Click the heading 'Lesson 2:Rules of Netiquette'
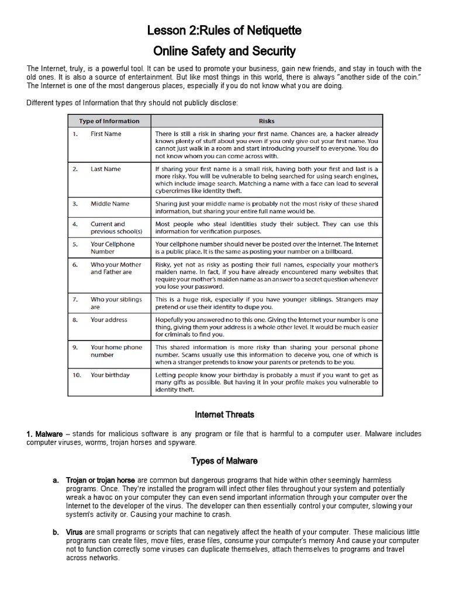point(224,30)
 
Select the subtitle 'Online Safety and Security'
point(224,51)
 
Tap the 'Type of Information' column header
point(109,121)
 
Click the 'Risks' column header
point(267,121)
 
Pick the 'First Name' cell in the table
point(106,134)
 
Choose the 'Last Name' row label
point(105,169)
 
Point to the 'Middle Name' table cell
point(110,204)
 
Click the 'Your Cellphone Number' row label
point(112,248)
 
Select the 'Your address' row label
point(109,319)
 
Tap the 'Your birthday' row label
point(110,375)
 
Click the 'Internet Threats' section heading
point(224,415)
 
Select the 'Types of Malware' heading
point(224,461)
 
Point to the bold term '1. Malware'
point(44,434)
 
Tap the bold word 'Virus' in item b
point(74,533)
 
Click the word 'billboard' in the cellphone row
point(336,252)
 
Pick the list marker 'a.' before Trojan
point(56,480)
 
